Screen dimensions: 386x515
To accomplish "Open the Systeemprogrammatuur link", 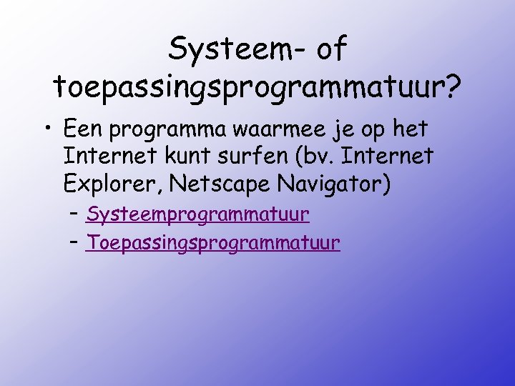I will click(x=197, y=214).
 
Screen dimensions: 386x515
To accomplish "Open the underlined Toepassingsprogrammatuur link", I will click(x=212, y=243).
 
